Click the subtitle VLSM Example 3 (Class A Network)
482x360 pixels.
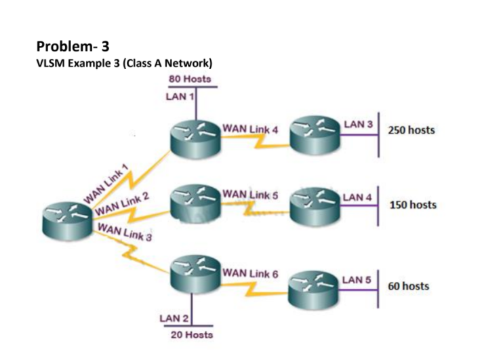[124, 63]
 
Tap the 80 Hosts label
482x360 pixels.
[192, 80]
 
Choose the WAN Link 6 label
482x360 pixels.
[249, 274]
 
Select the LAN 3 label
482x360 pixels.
[358, 125]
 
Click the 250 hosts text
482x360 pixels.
[411, 130]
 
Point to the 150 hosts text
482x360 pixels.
[412, 204]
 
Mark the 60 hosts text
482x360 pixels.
[408, 285]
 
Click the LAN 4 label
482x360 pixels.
[357, 197]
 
